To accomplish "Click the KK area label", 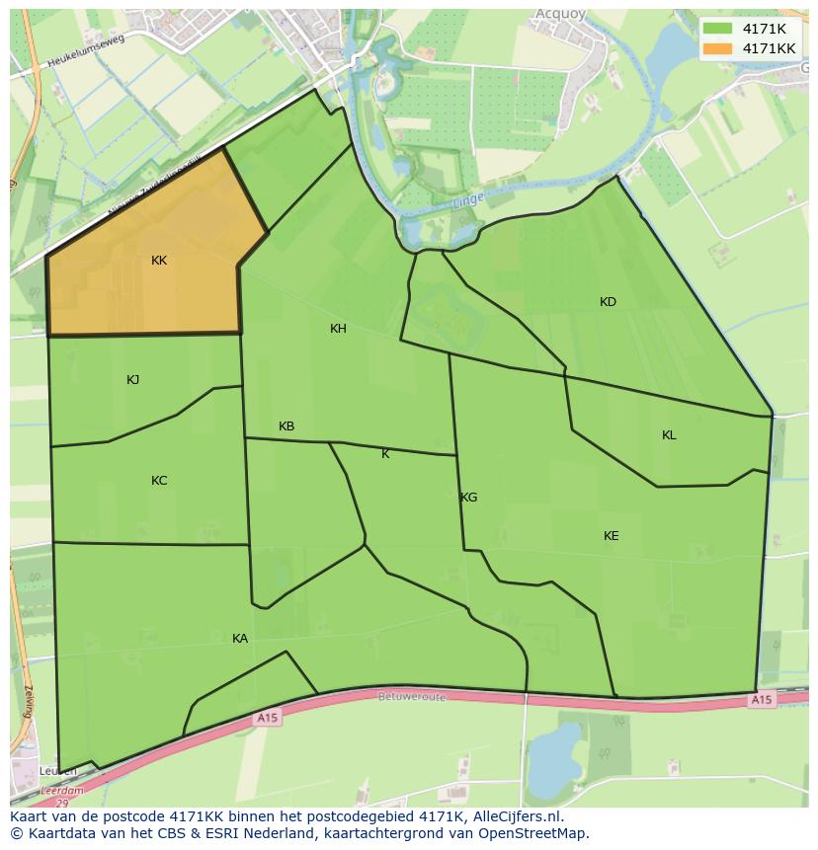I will (x=159, y=261).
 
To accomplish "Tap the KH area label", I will (x=338, y=329).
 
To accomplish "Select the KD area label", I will (x=608, y=302).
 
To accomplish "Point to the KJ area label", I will (x=133, y=380).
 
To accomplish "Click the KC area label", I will (x=159, y=481).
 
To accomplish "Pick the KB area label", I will (x=286, y=426).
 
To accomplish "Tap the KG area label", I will (x=469, y=498).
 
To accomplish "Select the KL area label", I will (x=669, y=435).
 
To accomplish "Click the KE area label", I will (x=612, y=536).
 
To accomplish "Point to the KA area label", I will (x=240, y=639).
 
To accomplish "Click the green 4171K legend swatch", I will (x=718, y=29).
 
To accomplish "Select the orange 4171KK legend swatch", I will (x=718, y=48).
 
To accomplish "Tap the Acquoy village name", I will (x=561, y=14).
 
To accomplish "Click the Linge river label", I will (x=467, y=201).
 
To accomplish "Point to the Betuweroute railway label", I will (x=412, y=696).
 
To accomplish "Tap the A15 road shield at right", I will (x=760, y=700).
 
